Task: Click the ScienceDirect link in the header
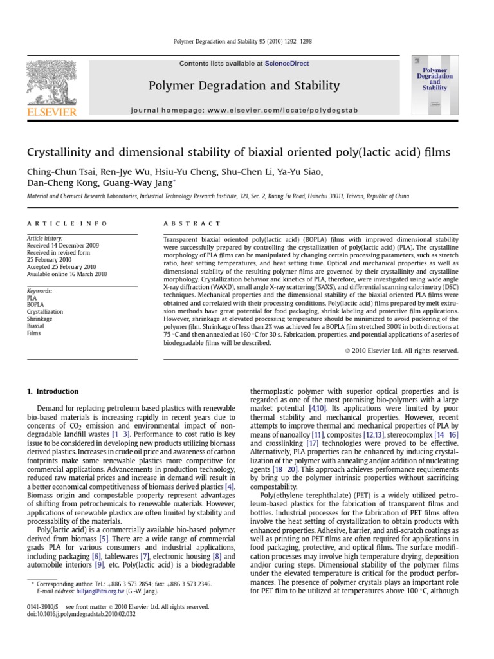(x=283, y=64)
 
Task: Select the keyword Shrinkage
(x=41, y=319)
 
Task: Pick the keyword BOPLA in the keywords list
(x=35, y=304)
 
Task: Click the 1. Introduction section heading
(x=52, y=391)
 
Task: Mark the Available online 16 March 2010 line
(x=66, y=274)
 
